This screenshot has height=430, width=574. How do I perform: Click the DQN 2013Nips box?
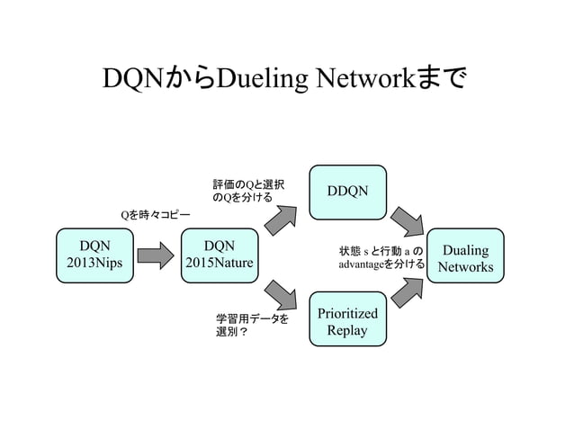90,255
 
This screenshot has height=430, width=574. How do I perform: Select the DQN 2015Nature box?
219,255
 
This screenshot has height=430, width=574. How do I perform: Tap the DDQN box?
347,192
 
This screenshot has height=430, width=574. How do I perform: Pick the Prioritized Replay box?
347,320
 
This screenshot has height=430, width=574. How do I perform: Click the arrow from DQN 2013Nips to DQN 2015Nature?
154,255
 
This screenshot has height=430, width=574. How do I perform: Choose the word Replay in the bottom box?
347,330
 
